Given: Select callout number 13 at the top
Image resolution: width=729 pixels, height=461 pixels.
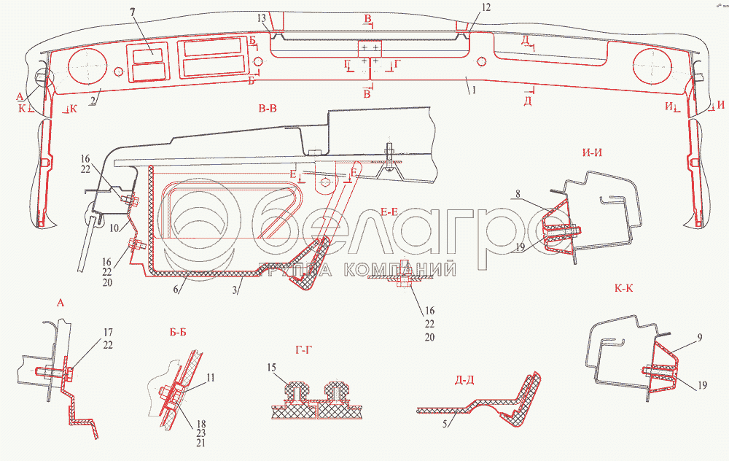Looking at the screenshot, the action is pyautogui.click(x=262, y=17).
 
